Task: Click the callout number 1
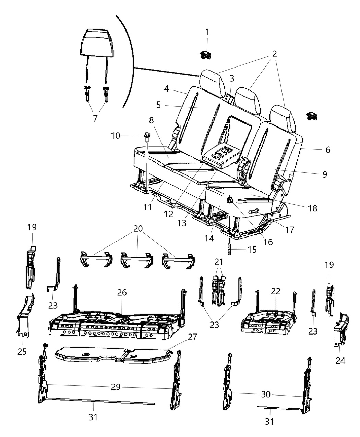coord(207,32)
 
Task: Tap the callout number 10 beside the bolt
coord(116,136)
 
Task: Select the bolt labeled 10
coord(147,136)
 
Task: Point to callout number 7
coord(95,118)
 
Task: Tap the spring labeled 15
coord(230,249)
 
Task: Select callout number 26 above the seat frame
coord(122,293)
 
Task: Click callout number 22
coord(276,291)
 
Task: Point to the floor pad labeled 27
coord(113,353)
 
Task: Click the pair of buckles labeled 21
coord(218,283)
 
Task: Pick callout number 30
coord(266,394)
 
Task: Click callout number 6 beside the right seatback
coord(328,150)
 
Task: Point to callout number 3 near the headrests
coord(232,78)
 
